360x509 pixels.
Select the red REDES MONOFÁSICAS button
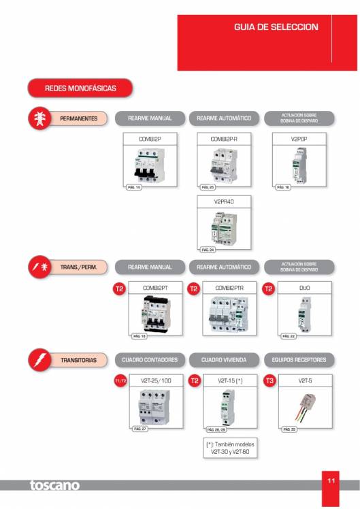(x=80, y=88)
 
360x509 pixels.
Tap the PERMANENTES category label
(x=78, y=119)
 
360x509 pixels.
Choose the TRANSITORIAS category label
(x=78, y=359)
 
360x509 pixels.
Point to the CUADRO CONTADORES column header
(x=150, y=359)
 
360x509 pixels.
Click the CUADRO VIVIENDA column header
(x=223, y=359)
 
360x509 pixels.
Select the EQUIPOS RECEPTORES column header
(x=299, y=359)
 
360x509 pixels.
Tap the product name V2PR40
(x=223, y=201)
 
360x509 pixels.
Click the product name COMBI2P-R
(x=223, y=139)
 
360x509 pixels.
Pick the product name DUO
(x=299, y=288)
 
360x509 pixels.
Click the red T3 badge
(x=269, y=381)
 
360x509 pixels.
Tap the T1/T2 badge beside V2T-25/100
(x=120, y=381)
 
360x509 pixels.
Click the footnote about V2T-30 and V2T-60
(x=231, y=447)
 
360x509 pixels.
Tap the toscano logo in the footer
(x=54, y=486)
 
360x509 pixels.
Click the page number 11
(x=331, y=480)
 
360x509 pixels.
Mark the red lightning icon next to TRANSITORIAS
(x=38, y=359)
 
